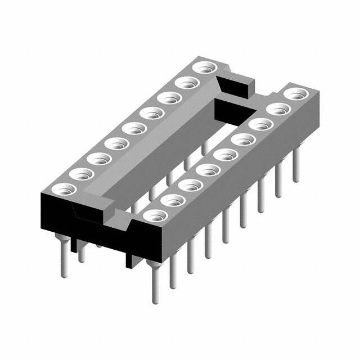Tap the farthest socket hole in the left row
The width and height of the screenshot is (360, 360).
tap(203, 69)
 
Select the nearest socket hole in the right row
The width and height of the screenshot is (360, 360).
tap(156, 215)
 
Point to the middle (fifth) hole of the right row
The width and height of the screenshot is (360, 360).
tap(225, 154)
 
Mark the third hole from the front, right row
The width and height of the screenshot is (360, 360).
tap(191, 184)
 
